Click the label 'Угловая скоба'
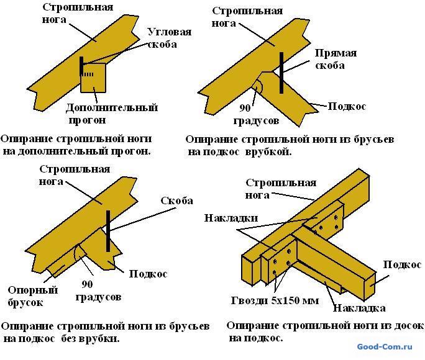(x=169, y=38)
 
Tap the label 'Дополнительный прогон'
(x=112, y=114)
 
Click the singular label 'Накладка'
(x=359, y=308)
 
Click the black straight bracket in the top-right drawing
(x=281, y=71)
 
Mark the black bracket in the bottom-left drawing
(x=108, y=231)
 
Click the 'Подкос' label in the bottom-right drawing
(x=401, y=264)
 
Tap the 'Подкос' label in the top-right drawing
(x=347, y=106)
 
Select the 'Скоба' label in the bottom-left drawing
(x=176, y=200)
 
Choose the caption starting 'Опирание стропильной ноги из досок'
(x=324, y=331)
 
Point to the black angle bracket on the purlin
(x=82, y=68)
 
